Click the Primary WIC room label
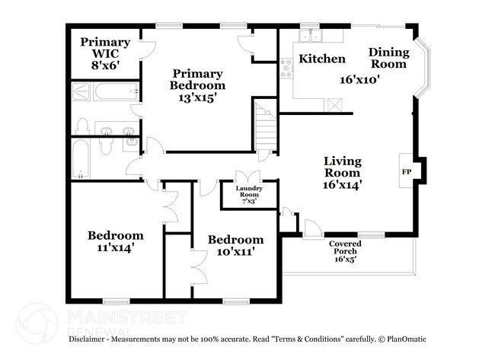pos(105,53)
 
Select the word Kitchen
pos(321,59)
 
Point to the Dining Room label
pos(388,58)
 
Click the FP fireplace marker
pos(406,172)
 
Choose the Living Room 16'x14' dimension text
pos(343,184)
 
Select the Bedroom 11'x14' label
pos(115,241)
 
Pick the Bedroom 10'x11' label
pos(236,244)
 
